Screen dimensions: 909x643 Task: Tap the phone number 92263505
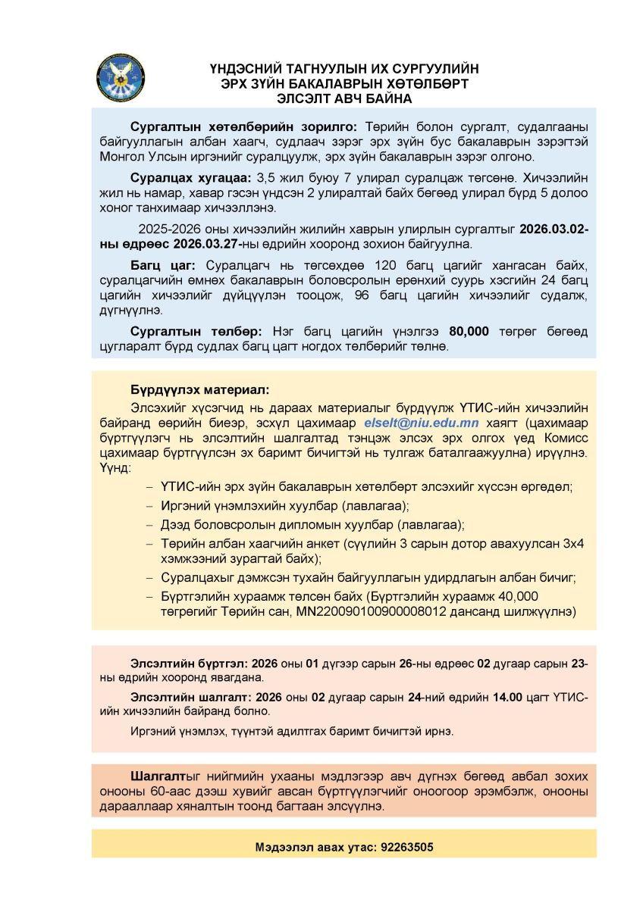(x=408, y=848)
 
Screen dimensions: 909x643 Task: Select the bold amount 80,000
(x=469, y=332)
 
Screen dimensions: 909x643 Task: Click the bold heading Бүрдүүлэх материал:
(x=199, y=390)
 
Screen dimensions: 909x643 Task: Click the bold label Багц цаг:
(x=163, y=265)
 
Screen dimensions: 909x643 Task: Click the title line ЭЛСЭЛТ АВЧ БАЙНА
(x=344, y=98)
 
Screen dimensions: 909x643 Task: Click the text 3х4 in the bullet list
(x=571, y=544)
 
